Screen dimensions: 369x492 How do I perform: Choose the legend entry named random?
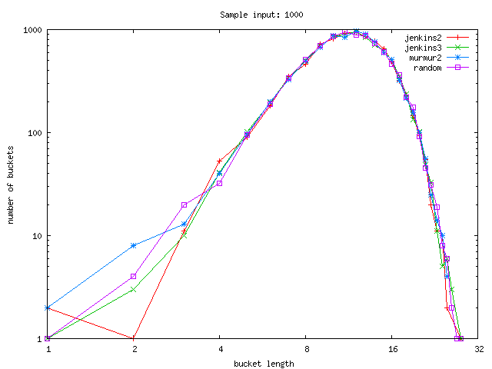[427, 68]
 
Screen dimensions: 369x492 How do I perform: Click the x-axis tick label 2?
[134, 348]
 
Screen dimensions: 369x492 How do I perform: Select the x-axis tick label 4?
[220, 348]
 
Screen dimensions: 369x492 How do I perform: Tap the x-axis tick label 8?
[306, 348]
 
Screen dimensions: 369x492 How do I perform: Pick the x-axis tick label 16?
[392, 348]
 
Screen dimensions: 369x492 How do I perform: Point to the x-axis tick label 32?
[478, 348]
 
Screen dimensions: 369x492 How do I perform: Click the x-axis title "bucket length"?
[262, 363]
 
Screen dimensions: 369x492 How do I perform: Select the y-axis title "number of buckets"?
[12, 184]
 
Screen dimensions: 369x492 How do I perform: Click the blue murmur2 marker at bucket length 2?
[134, 245]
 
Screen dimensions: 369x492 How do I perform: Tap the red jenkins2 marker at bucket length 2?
[134, 338]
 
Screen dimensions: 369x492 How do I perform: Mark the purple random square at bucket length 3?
[184, 205]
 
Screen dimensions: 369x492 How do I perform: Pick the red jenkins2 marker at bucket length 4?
[220, 161]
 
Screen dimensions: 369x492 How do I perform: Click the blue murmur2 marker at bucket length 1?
[48, 307]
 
